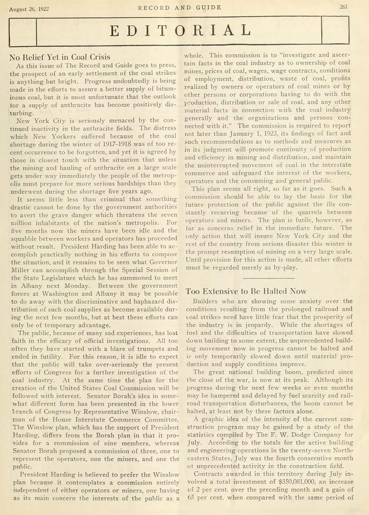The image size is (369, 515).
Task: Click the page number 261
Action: pos(346,7)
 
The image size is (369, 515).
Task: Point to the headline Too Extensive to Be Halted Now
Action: pos(246,291)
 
